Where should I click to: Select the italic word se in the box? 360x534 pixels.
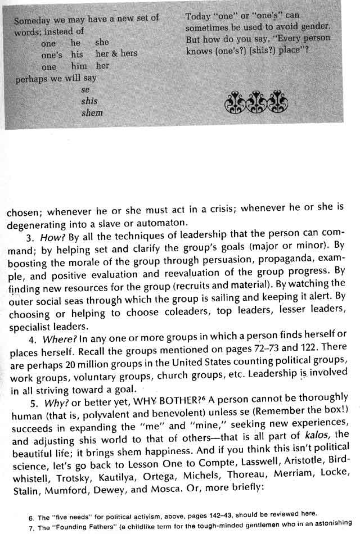(85, 90)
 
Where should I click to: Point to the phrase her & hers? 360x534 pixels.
(116, 54)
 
